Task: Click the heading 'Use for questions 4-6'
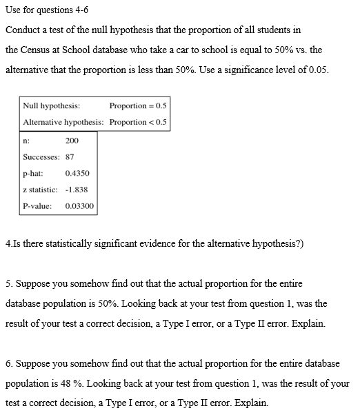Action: pos(47,10)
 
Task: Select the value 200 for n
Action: pos(72,141)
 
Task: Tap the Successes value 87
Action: pos(70,156)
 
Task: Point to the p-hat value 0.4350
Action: pos(76,173)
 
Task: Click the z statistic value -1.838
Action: pos(76,190)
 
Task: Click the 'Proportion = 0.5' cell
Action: pos(137,106)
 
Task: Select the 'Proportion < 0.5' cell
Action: pos(137,122)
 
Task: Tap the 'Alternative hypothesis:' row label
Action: pos(63,122)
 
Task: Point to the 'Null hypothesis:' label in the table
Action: pos(51,106)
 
